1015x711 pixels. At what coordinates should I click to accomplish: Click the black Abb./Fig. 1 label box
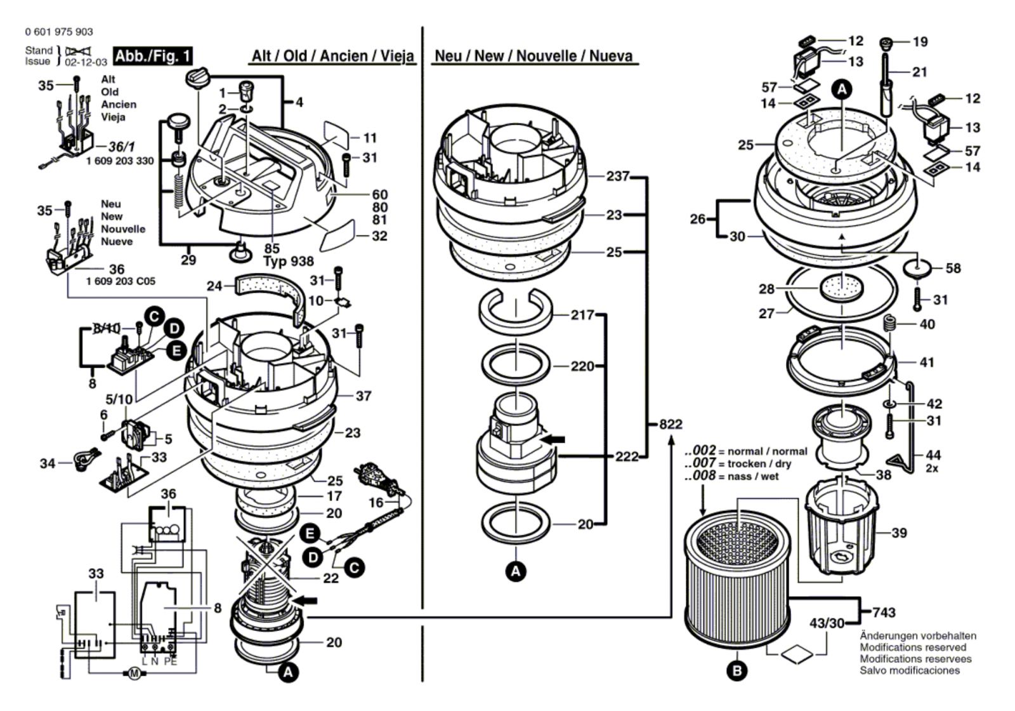tap(153, 56)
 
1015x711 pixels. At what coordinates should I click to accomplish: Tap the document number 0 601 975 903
tap(59, 32)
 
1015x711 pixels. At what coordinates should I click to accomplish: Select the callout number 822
tap(671, 424)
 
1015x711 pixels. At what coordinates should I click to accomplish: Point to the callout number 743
tap(884, 613)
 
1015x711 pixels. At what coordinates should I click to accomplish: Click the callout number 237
tap(618, 176)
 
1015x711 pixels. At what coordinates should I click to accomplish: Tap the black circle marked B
tap(737, 670)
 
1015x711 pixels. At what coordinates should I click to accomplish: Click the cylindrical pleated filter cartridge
tap(738, 578)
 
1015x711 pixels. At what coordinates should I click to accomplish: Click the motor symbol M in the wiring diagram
tap(134, 674)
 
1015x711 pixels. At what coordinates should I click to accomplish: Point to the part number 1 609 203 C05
tap(121, 281)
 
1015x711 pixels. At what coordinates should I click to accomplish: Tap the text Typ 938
tap(289, 262)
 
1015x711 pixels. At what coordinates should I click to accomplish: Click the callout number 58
tap(953, 269)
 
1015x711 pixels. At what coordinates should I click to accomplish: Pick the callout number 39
tap(899, 533)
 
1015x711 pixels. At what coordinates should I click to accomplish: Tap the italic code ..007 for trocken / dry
tap(700, 463)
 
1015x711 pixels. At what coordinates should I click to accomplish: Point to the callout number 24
tap(214, 286)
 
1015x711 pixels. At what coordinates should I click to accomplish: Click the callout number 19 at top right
tap(920, 42)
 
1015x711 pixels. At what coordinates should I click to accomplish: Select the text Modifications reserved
tap(913, 648)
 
